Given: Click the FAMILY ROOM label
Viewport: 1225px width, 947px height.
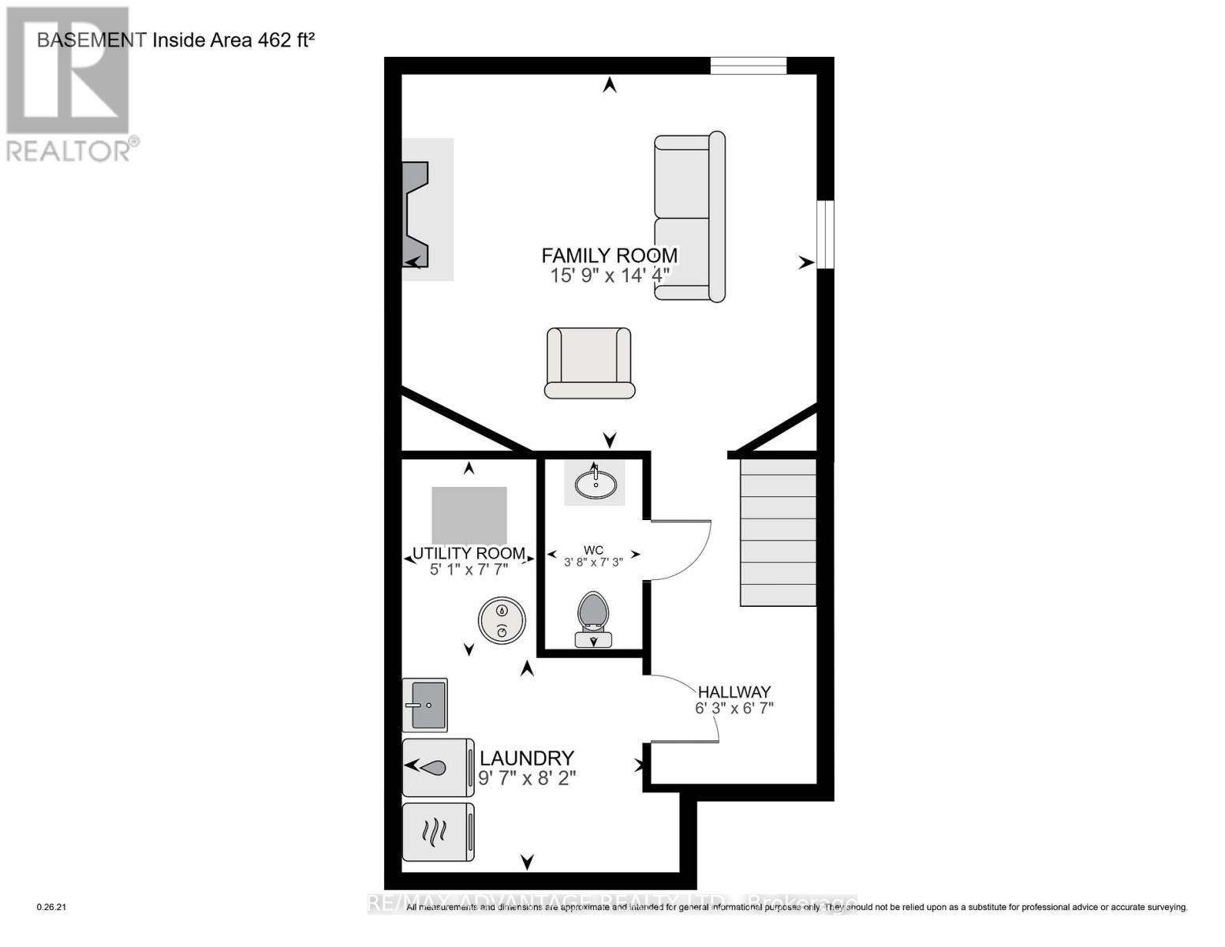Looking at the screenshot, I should click(x=609, y=256).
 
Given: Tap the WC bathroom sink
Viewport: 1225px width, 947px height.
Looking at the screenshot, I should click(x=595, y=482).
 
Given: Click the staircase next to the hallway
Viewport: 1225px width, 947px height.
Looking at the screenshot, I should click(x=778, y=533).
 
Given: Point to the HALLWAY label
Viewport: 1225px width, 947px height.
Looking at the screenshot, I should click(x=734, y=692).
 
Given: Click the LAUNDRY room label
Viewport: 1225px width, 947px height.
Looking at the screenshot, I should click(x=527, y=758).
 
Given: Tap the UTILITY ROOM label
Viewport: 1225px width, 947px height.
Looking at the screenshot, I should click(x=469, y=553).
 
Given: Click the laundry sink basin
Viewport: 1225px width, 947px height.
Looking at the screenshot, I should click(x=426, y=705).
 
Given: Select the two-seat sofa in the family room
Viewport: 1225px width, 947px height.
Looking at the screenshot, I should click(x=689, y=217).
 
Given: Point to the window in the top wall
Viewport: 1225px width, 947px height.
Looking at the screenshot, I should click(x=748, y=66).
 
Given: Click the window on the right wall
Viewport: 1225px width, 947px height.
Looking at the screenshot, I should click(x=825, y=234).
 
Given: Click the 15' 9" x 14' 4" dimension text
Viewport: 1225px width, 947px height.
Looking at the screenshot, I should click(x=610, y=275).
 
